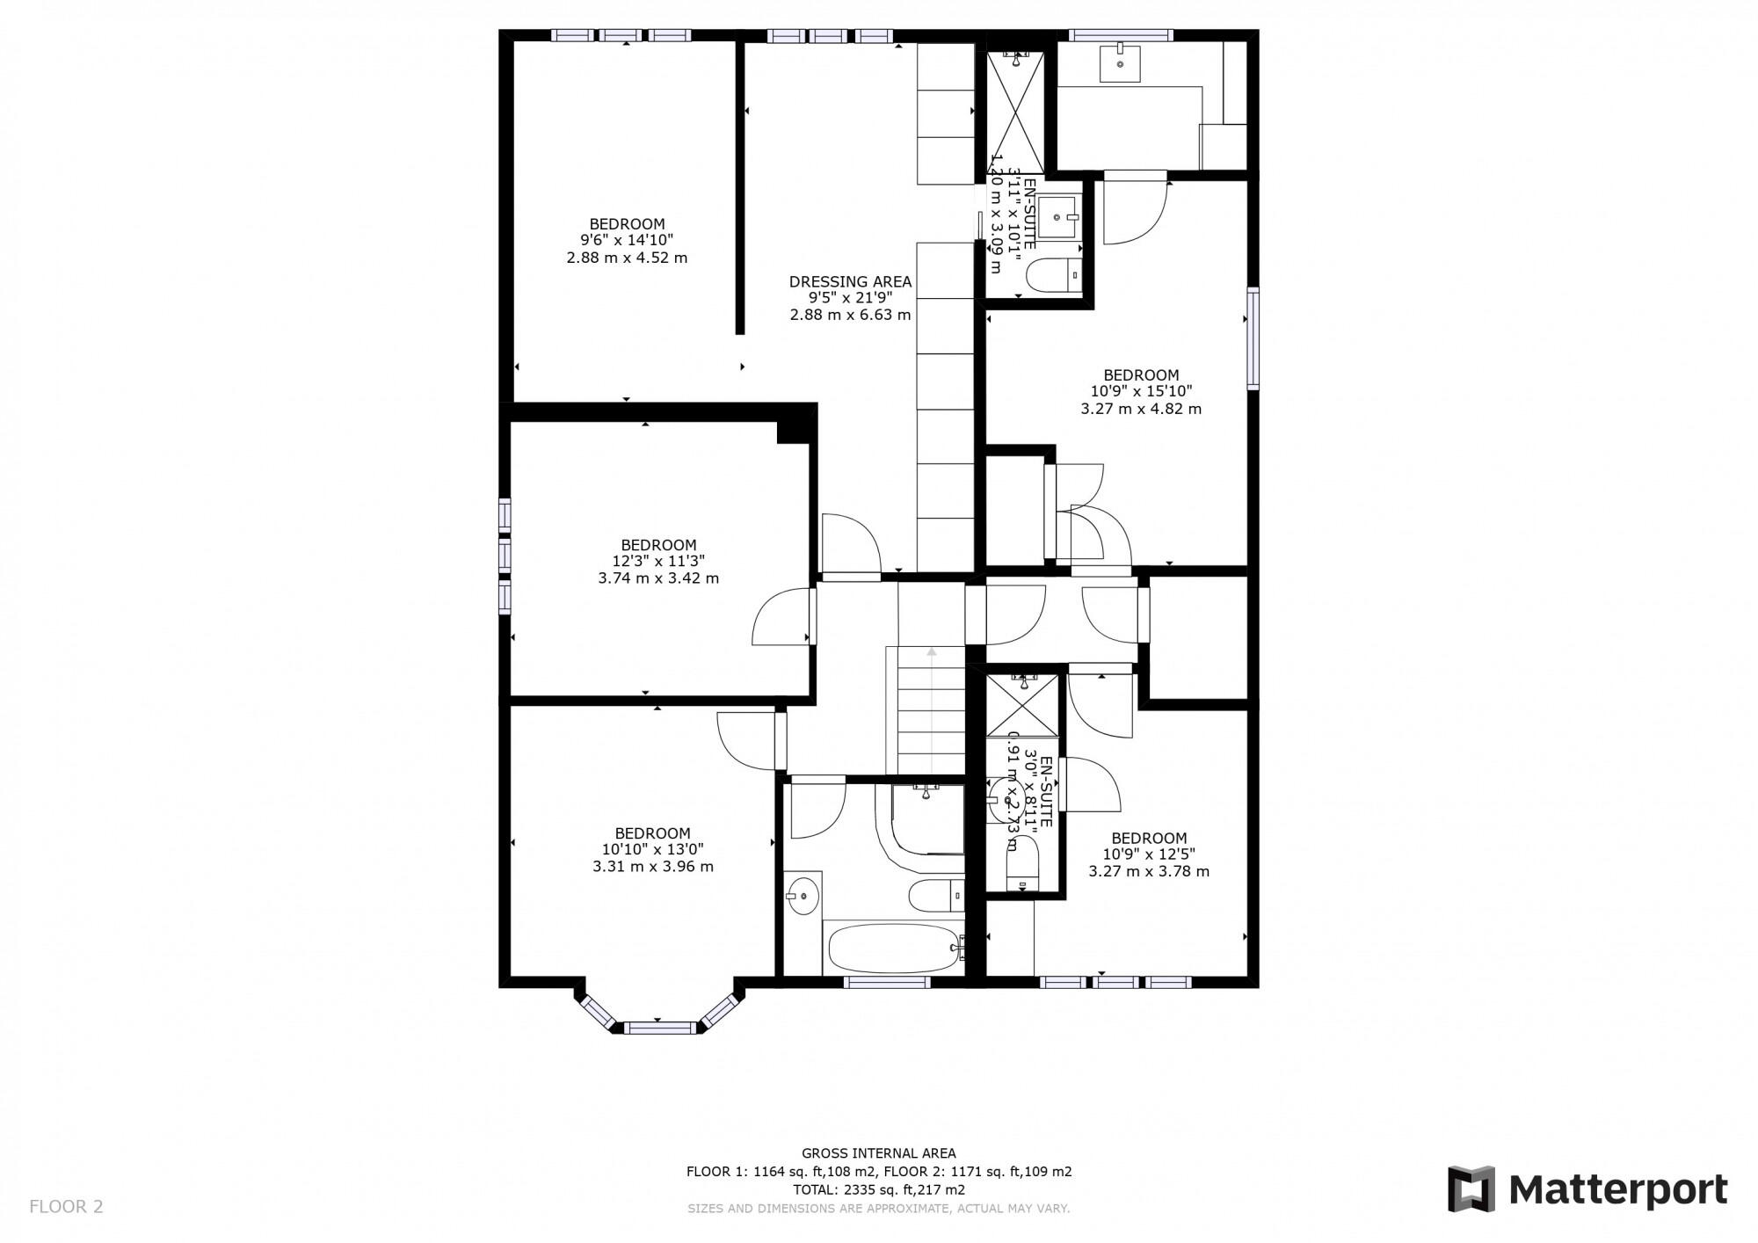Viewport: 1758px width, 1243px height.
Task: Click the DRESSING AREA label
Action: [850, 282]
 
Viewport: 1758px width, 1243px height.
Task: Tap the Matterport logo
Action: [1587, 1190]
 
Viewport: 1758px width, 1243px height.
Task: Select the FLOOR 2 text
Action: [66, 1207]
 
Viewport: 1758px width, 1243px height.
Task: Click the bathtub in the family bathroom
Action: [892, 948]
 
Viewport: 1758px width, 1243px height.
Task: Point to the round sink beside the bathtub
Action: [803, 896]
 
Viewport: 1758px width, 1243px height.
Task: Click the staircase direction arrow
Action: [932, 651]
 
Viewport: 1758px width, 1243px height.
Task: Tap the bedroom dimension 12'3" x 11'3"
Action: [658, 561]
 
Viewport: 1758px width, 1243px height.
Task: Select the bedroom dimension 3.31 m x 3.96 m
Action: [652, 867]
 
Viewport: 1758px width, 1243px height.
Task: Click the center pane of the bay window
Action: [659, 1027]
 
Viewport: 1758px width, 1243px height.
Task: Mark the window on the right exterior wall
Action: [1253, 338]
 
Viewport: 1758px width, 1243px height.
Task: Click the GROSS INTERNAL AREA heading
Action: [878, 1153]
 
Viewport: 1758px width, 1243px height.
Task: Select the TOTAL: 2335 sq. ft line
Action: [878, 1190]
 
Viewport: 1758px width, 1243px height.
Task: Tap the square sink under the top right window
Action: [1120, 62]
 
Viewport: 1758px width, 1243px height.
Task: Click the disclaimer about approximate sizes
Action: [878, 1209]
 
